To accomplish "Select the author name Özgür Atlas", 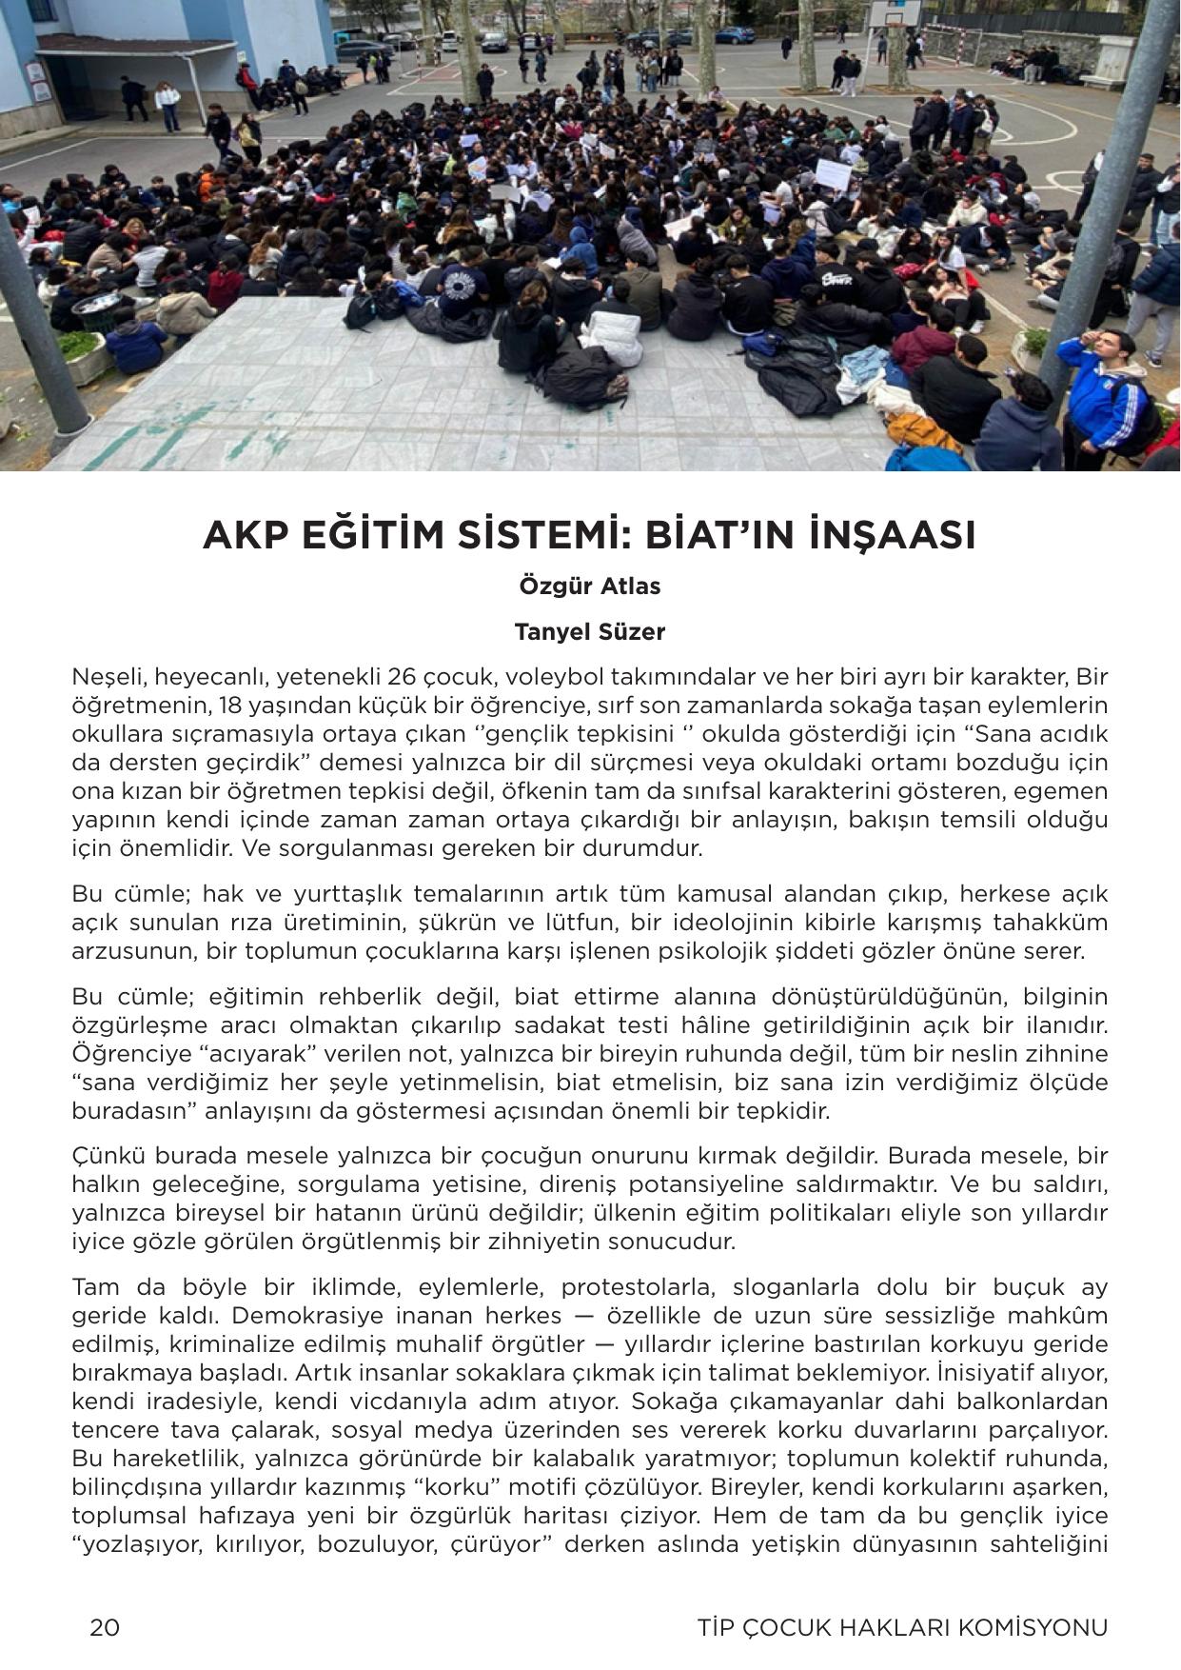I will (x=590, y=586).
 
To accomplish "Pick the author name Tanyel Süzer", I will (x=590, y=631).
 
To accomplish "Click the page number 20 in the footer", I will (x=105, y=1627).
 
